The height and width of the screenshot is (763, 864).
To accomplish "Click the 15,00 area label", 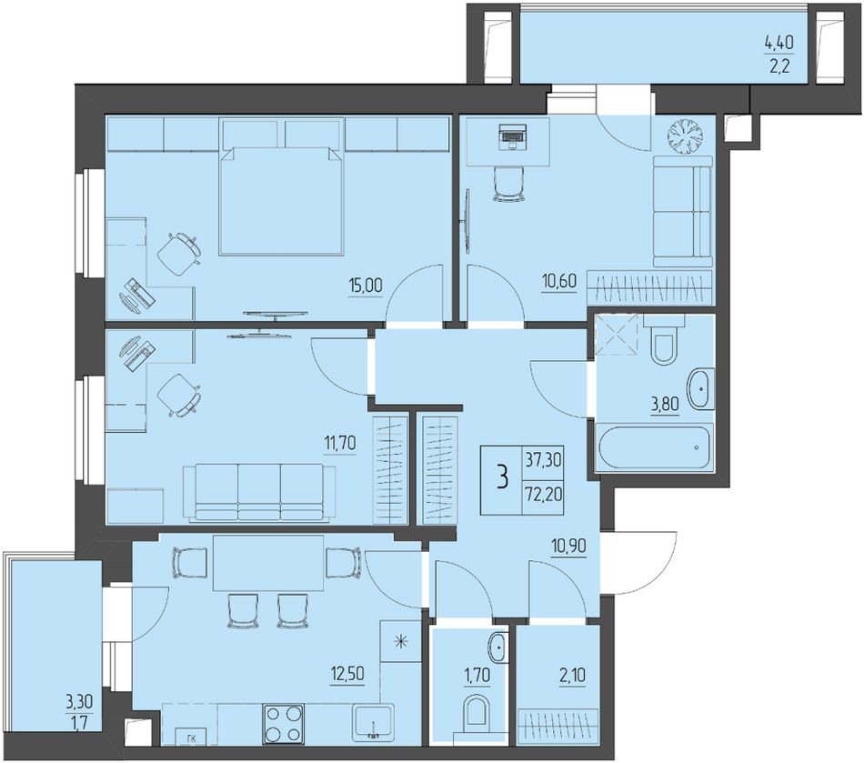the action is [365, 286].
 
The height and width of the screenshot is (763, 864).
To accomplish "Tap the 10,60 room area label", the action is [558, 281].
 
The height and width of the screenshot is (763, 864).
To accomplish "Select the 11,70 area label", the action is [340, 442].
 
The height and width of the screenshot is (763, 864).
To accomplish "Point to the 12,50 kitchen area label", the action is [347, 674].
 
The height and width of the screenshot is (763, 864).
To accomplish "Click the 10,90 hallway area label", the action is [568, 546].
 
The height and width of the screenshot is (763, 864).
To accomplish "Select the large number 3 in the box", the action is [501, 477].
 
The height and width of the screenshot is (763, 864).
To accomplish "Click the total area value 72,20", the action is [543, 494].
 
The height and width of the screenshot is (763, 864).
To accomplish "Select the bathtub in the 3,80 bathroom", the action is [655, 447].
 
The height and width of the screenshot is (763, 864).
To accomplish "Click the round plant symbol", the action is [686, 136].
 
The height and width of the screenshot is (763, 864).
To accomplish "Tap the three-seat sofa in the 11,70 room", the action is [259, 492].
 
